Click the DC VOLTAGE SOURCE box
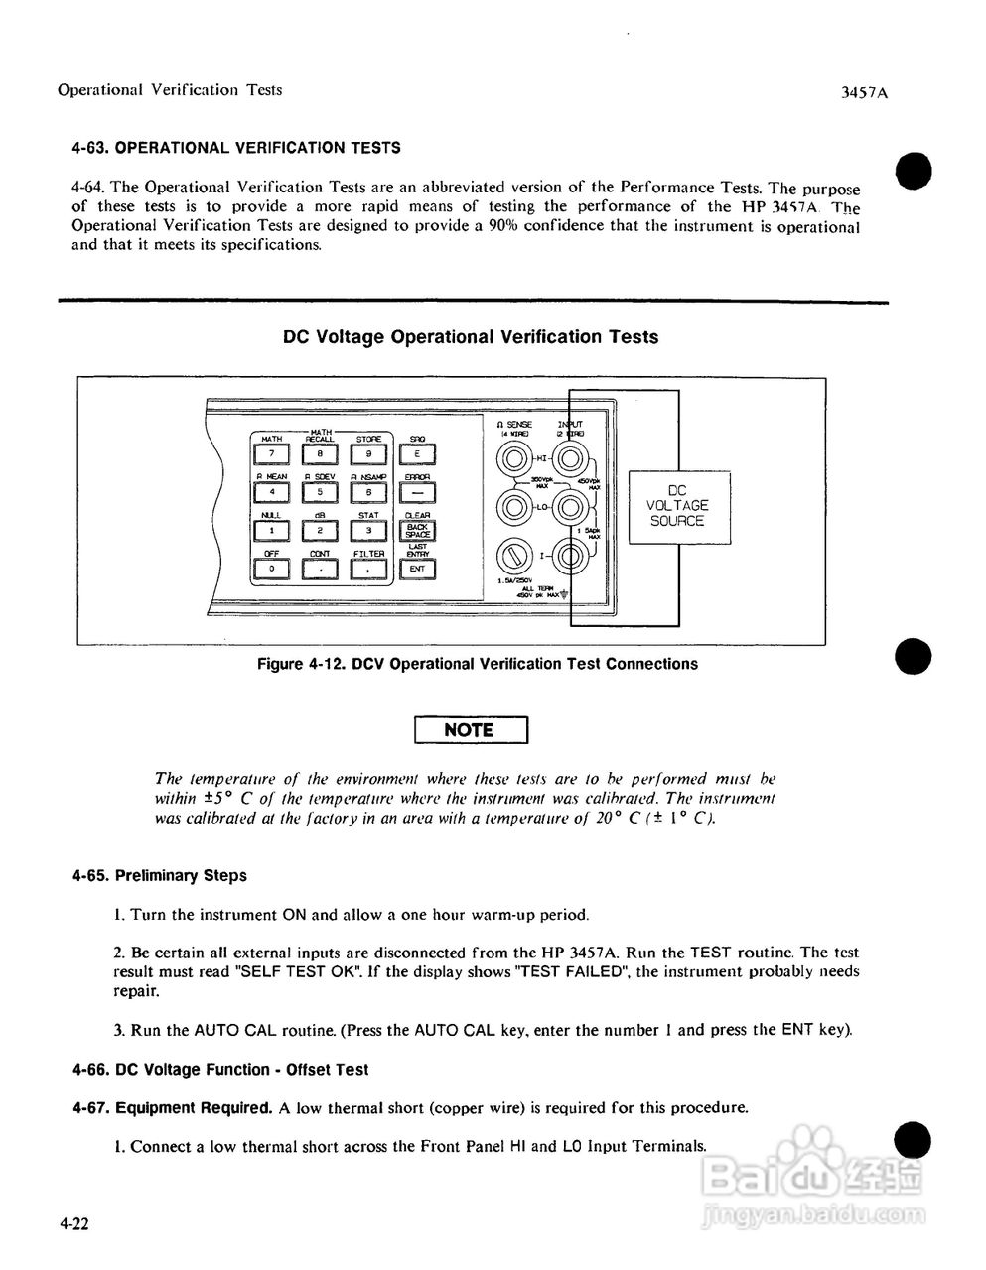tap(679, 507)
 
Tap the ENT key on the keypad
tap(417, 569)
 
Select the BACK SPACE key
tap(417, 532)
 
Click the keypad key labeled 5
tap(320, 491)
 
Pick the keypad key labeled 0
tap(271, 569)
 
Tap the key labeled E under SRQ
tap(417, 453)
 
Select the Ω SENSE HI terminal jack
tap(513, 459)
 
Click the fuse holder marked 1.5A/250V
tap(513, 555)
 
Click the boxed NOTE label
tap(470, 730)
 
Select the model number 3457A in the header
tap(863, 93)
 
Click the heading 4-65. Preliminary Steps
tap(159, 876)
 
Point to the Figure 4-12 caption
tap(477, 664)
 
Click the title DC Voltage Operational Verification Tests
tap(471, 337)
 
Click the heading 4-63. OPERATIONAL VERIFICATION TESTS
tap(236, 148)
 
